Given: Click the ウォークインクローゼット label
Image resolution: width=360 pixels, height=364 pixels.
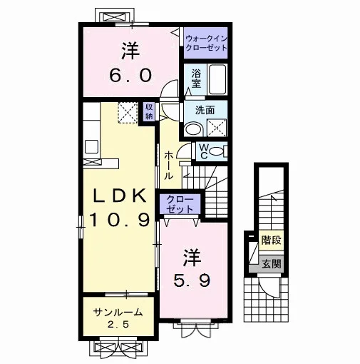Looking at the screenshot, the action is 206,43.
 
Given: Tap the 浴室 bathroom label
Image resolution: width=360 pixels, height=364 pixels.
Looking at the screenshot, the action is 196,79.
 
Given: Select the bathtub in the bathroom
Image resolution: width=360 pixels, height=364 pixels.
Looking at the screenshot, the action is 217,79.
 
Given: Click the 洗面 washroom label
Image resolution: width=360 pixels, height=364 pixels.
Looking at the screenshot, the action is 205,111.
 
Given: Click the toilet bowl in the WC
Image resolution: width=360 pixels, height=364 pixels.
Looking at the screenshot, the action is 216,151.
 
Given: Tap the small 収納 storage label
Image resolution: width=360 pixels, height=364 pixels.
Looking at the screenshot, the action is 149,111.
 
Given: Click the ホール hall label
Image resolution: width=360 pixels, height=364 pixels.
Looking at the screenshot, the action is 168,165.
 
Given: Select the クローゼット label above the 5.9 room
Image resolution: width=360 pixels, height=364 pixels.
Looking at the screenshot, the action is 180,204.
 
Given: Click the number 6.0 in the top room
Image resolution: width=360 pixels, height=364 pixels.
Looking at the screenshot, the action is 130,75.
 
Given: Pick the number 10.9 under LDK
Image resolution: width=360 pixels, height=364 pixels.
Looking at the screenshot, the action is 120,219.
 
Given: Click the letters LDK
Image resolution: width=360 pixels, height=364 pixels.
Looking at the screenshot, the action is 119,196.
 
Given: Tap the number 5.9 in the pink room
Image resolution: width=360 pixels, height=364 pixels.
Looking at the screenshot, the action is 192,280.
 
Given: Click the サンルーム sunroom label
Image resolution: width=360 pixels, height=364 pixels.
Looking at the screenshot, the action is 118,312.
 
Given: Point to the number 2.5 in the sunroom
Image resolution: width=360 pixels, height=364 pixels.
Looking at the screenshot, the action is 118,324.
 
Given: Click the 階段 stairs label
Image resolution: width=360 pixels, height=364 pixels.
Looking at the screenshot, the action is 271,241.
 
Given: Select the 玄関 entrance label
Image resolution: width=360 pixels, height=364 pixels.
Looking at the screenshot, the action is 272,264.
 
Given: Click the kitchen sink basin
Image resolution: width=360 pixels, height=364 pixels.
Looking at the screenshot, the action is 92,147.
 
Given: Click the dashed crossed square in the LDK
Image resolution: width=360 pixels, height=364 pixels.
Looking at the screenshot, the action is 128,113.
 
